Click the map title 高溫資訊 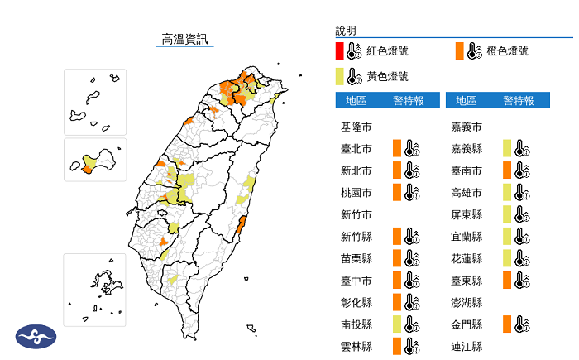click(184, 38)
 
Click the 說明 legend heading click(346, 31)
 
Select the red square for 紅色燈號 click(340, 50)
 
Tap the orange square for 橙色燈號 click(459, 50)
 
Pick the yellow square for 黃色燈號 click(340, 77)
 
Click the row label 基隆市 click(356, 127)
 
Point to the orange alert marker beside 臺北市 click(397, 149)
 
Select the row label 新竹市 click(356, 214)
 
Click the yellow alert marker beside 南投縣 click(397, 324)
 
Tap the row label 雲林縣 click(356, 346)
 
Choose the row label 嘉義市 click(467, 127)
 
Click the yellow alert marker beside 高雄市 click(506, 193)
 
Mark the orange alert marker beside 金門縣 click(506, 324)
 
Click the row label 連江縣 click(467, 346)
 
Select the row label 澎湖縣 click(467, 302)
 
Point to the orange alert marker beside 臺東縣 click(506, 280)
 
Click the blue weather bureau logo click(36, 336)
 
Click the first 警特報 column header click(409, 101)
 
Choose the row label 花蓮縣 click(467, 258)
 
